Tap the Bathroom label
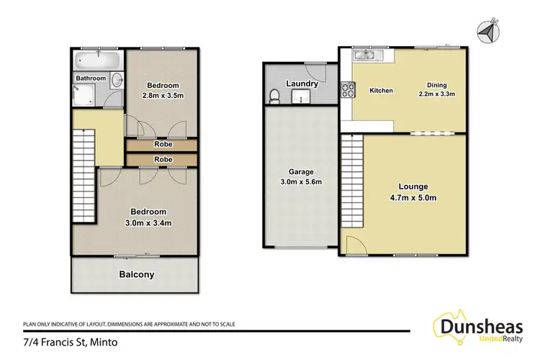pos(91,78)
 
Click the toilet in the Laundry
pos(274,96)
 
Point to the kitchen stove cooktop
pos(347,90)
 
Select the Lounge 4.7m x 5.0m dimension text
pos(413,198)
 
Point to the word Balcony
pos(136,274)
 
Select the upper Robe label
pos(162,144)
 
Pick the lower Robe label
pos(162,159)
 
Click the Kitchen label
pos(381,91)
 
